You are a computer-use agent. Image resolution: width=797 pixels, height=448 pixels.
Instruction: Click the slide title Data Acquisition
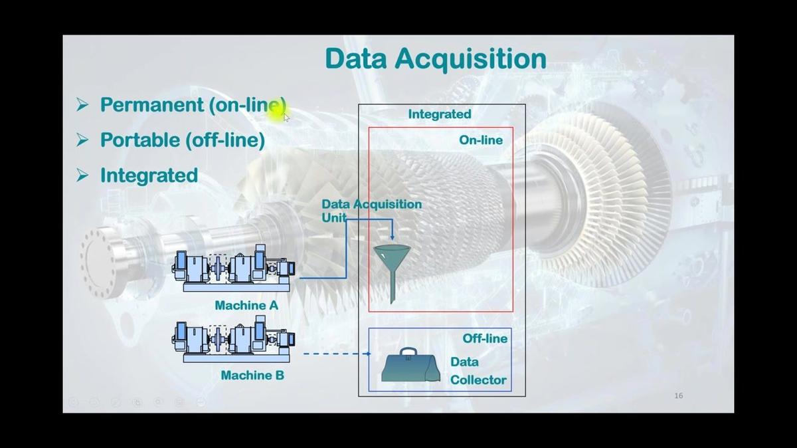click(x=435, y=58)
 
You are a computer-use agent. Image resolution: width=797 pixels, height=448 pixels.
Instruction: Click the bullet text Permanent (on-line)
click(x=193, y=105)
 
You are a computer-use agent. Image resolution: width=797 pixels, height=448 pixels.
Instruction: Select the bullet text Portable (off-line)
click(x=182, y=140)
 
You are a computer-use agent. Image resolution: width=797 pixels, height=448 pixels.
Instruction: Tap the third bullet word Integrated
click(x=149, y=175)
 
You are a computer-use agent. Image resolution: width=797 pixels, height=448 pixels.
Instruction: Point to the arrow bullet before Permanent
click(x=82, y=105)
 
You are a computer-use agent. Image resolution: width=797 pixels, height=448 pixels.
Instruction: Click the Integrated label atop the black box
click(x=439, y=114)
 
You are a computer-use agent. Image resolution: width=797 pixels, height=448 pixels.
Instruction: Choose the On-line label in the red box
click(x=481, y=140)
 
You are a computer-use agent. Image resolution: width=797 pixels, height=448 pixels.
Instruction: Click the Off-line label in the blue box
click(x=485, y=338)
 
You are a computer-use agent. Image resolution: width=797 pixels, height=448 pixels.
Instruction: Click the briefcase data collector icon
click(x=410, y=367)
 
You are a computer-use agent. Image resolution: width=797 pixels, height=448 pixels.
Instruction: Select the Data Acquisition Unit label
click(x=371, y=210)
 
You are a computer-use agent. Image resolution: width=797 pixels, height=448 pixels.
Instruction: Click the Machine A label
click(x=246, y=306)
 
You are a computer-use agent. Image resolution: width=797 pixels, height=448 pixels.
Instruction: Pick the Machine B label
click(x=252, y=376)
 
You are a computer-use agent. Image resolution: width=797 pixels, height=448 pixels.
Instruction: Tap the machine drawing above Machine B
click(x=234, y=341)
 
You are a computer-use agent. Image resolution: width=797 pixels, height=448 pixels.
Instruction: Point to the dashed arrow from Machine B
click(x=335, y=354)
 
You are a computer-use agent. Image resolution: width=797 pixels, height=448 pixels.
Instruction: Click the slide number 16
click(x=678, y=395)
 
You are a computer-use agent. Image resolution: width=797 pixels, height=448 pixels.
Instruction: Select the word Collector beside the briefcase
click(x=478, y=380)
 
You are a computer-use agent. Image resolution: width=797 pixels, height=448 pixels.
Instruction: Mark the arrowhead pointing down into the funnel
click(x=392, y=237)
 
